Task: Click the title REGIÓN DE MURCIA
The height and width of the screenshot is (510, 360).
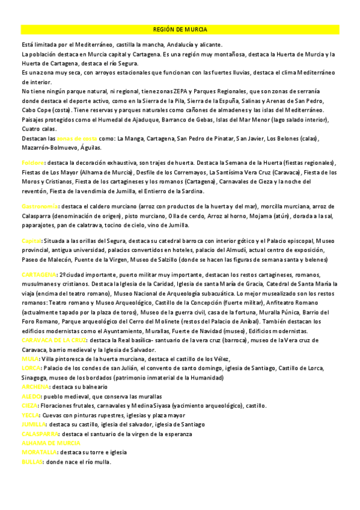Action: pos(180,29)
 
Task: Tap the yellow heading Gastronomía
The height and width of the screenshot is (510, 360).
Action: pos(39,206)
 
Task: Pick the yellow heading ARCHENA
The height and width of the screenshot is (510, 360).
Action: pos(34,387)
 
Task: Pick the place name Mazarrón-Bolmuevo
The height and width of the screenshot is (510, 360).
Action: pos(46,148)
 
